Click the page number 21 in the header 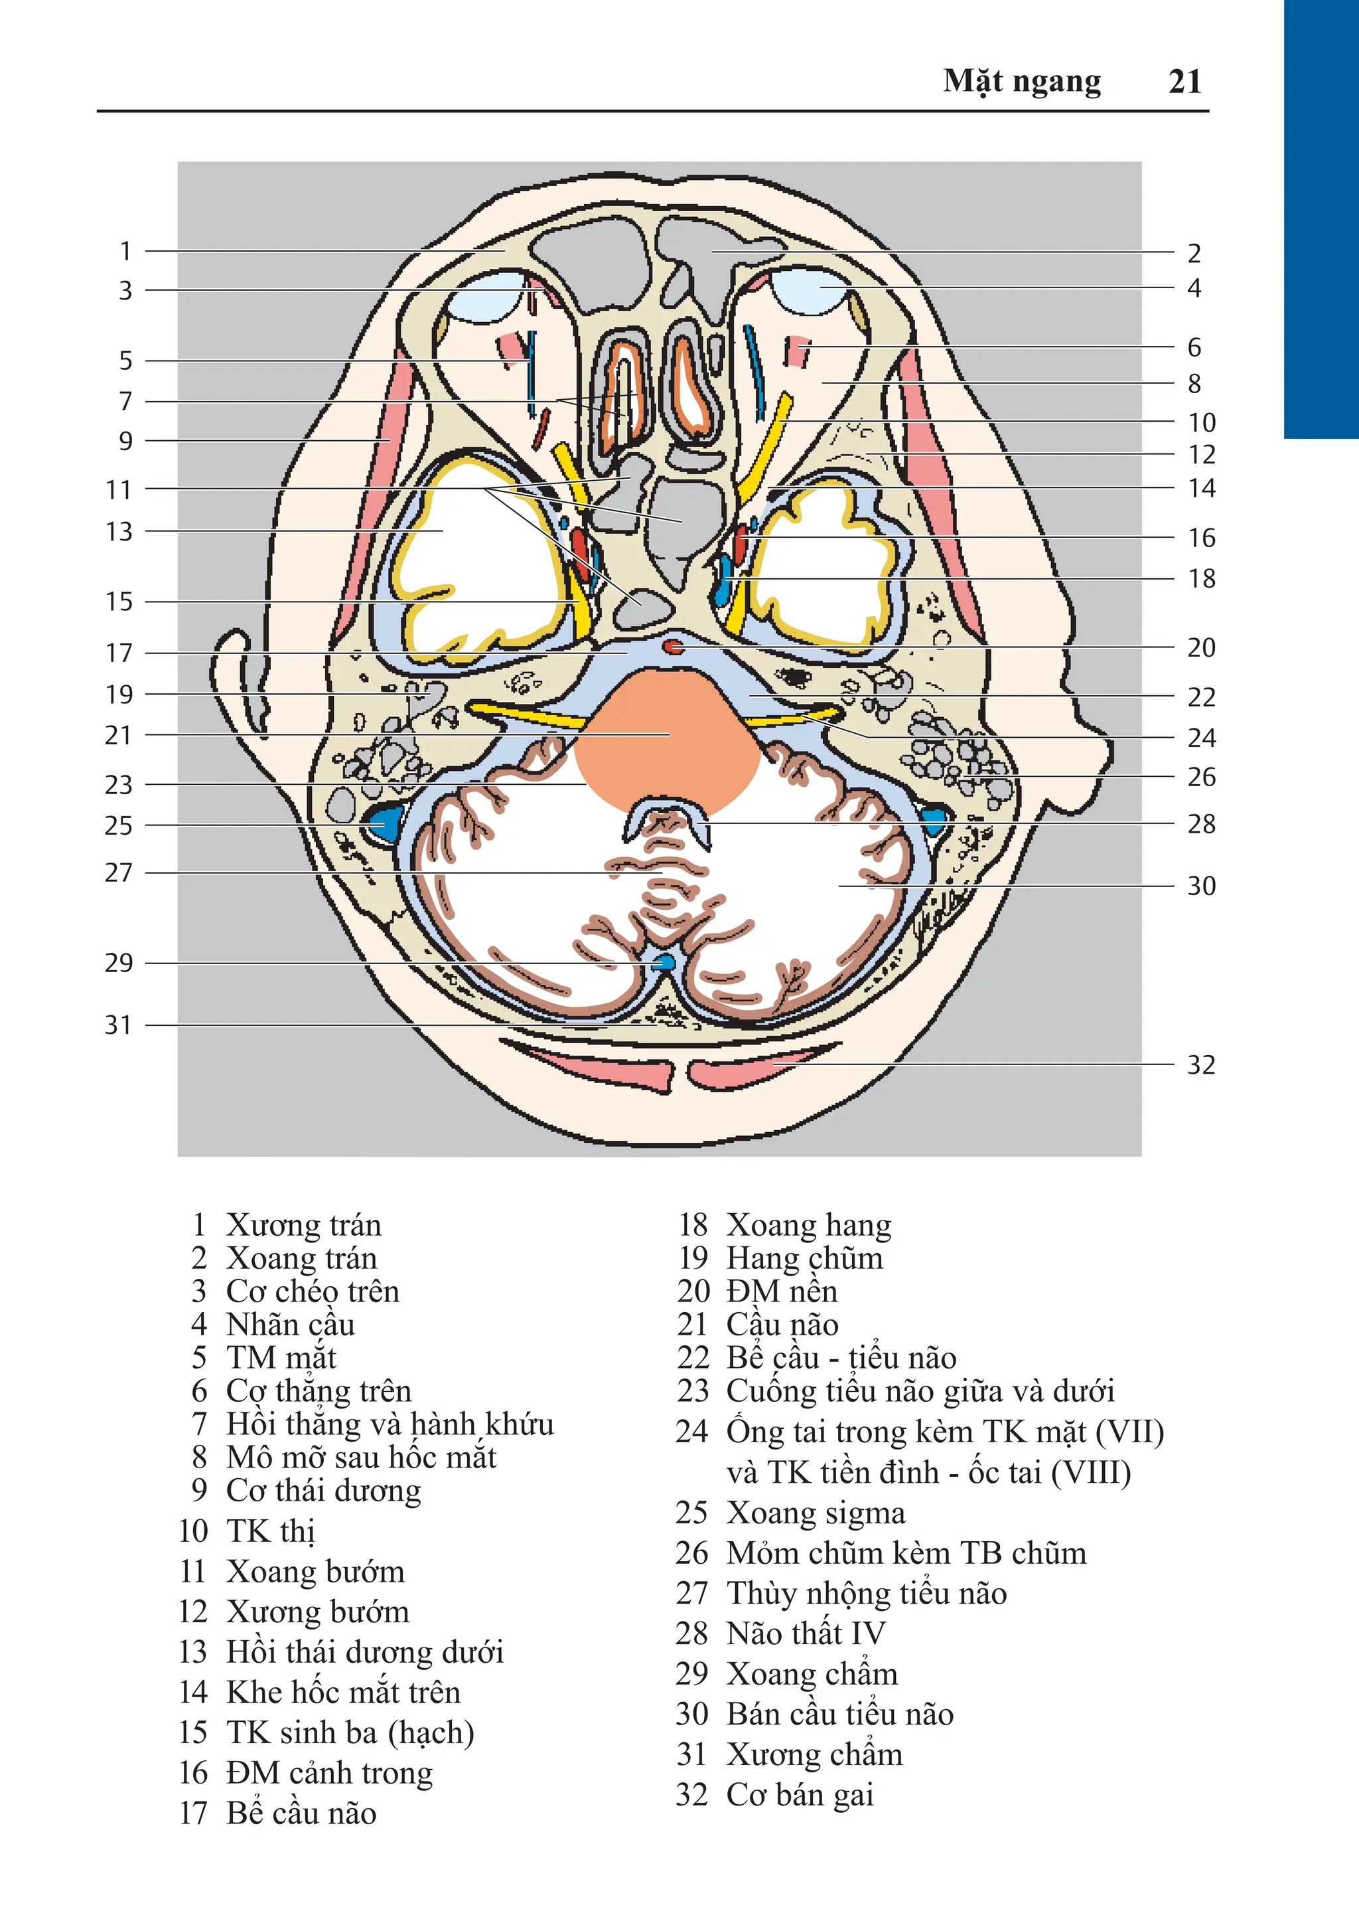(1184, 82)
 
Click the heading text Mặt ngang (1021, 82)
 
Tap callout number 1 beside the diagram (126, 251)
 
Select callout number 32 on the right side (1200, 1065)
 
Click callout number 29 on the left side (119, 963)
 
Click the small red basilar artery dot (674, 646)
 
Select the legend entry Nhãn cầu (290, 1324)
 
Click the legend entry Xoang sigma (816, 1513)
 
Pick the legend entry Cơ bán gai (800, 1794)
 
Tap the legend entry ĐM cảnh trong (329, 1772)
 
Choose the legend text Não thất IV (806, 1634)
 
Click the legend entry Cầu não (782, 1324)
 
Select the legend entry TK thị (270, 1531)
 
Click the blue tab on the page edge (1321, 218)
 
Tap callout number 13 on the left (119, 531)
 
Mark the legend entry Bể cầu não (301, 1813)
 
